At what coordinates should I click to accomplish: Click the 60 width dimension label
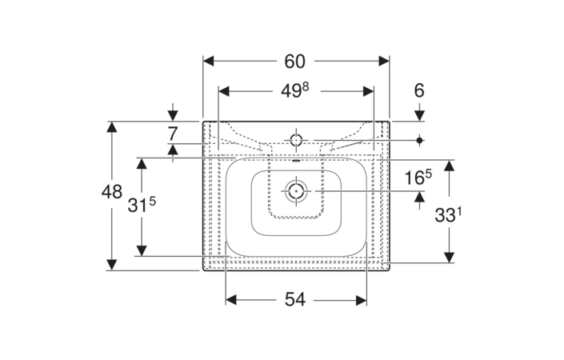click(294, 62)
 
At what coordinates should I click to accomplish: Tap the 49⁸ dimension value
click(295, 90)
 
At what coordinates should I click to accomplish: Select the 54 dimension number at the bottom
click(295, 299)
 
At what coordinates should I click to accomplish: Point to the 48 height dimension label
click(112, 192)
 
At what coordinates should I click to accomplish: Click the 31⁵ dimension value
click(142, 206)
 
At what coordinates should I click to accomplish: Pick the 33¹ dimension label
click(448, 215)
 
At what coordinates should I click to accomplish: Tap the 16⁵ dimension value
click(418, 177)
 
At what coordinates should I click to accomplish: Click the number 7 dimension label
click(173, 134)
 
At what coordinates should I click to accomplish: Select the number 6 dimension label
click(419, 90)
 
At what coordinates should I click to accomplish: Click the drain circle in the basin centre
click(296, 191)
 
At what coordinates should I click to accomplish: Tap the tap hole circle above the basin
click(296, 140)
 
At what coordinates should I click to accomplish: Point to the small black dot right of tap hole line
click(419, 140)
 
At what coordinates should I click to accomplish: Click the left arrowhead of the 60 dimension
click(209, 61)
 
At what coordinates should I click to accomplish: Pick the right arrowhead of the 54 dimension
click(361, 300)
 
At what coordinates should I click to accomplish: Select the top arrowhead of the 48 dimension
click(112, 127)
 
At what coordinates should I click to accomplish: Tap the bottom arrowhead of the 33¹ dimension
click(449, 257)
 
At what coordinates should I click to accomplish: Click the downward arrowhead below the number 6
click(419, 116)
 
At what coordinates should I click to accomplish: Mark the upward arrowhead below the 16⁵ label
click(419, 197)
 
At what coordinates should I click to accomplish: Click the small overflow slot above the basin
click(296, 161)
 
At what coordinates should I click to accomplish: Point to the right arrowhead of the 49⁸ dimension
click(368, 91)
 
